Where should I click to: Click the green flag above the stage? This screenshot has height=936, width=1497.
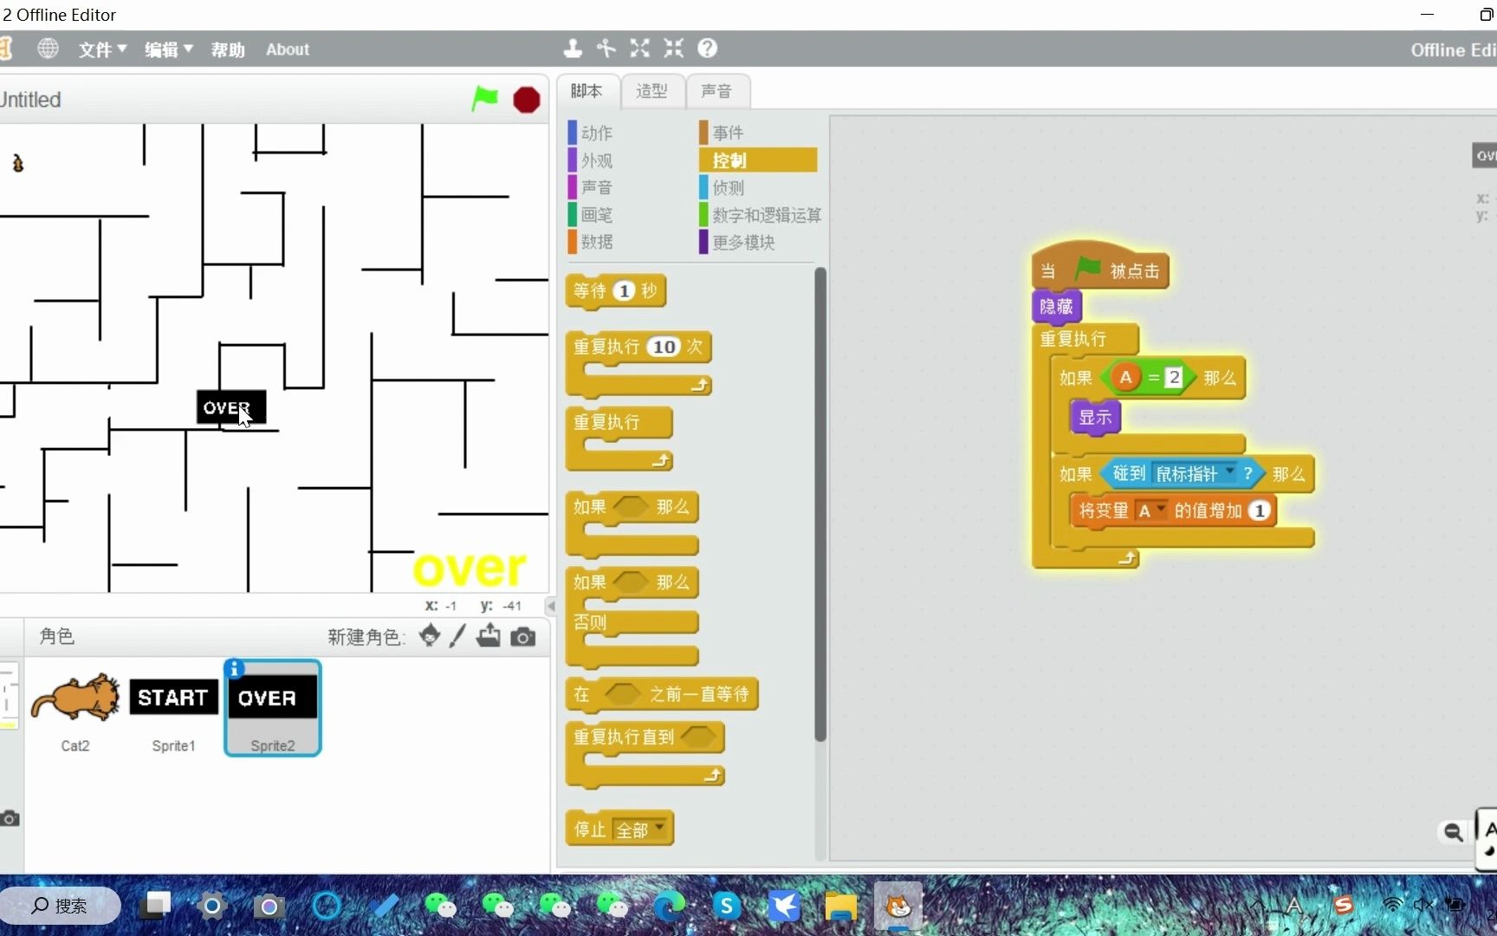(484, 99)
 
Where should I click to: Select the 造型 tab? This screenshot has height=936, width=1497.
(651, 91)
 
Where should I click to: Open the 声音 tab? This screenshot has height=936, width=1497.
(716, 91)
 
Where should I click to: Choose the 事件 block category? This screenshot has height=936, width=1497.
(728, 133)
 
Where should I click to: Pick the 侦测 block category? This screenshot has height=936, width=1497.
(728, 187)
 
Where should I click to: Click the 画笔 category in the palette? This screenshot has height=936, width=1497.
(596, 215)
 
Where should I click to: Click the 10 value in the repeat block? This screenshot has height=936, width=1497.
(664, 347)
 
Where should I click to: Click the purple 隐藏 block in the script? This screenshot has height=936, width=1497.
(1056, 306)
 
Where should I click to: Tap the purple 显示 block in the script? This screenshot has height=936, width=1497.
(1095, 417)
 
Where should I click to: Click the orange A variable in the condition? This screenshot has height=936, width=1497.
(1125, 377)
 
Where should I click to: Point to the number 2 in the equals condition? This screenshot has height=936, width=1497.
(1174, 377)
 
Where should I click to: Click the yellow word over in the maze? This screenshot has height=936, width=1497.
(469, 569)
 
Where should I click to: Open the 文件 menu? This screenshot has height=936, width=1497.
(102, 49)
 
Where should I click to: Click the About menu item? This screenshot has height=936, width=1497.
(288, 49)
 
